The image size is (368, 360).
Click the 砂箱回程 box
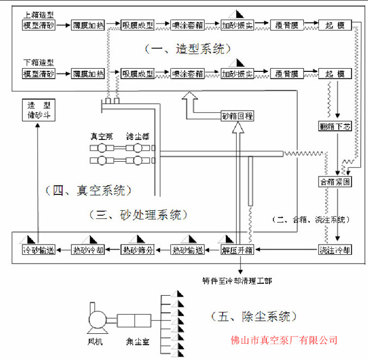(238, 116)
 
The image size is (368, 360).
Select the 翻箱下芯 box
(335, 127)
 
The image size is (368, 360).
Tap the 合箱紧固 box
(335, 182)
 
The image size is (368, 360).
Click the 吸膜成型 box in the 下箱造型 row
(138, 74)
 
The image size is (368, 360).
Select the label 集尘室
(136, 342)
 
